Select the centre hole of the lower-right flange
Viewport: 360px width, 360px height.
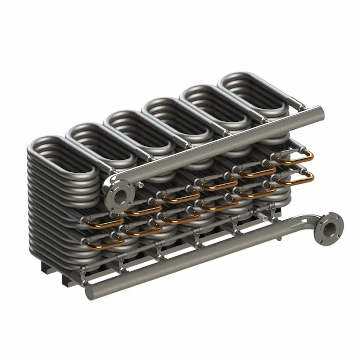[x=329, y=230]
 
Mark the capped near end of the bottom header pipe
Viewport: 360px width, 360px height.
[x=89, y=291]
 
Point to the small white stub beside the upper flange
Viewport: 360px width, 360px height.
[x=141, y=184]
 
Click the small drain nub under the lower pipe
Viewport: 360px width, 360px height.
[x=280, y=239]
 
